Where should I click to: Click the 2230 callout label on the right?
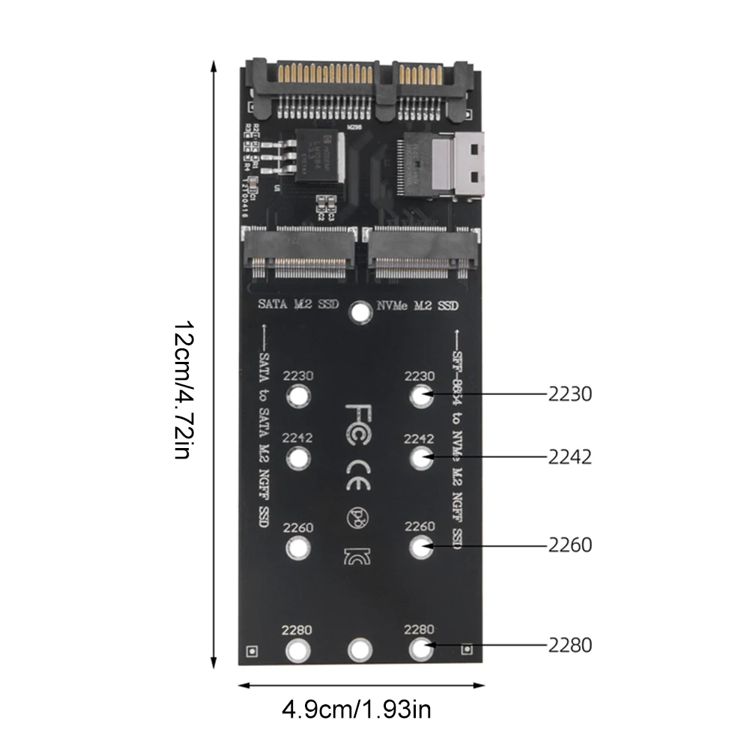pos(569,394)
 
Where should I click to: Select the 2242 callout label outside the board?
pos(569,457)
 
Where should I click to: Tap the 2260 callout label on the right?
pos(569,545)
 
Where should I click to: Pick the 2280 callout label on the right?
pos(569,644)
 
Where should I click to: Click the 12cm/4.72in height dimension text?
pos(184,390)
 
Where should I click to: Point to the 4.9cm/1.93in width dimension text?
pos(356,708)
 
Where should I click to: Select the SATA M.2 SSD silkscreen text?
pos(298,305)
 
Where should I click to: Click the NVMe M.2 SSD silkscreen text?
pos(417,305)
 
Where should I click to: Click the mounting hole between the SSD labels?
pos(361,312)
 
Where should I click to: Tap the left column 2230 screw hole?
pos(298,396)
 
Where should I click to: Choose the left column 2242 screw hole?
pos(298,457)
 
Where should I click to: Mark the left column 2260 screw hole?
pos(298,548)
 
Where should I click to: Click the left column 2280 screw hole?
pos(298,649)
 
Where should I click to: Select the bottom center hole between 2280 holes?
pos(360,649)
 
